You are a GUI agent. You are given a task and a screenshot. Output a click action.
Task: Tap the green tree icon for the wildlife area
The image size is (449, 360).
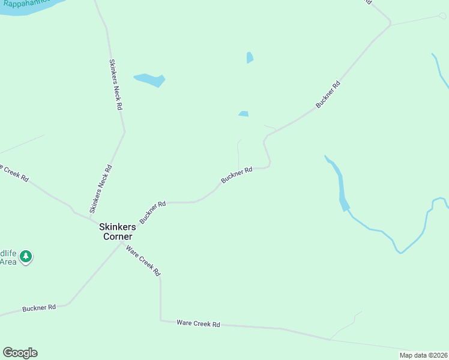tap(25, 256)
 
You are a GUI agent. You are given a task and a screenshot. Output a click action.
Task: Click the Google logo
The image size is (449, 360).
tap(20, 353)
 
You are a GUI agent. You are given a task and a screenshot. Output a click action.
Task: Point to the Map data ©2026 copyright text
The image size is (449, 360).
tap(423, 355)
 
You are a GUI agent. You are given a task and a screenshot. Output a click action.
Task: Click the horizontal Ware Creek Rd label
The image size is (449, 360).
tap(198, 323)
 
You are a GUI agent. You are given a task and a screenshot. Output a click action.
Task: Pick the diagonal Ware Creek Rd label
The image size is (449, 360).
tap(143, 260)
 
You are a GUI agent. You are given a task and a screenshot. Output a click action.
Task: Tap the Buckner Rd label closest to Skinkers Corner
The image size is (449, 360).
tap(152, 212)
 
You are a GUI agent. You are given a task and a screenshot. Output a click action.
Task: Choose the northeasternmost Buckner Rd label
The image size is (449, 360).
tap(328, 95)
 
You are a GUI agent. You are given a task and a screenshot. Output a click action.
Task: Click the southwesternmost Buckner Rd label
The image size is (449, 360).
tap(39, 308)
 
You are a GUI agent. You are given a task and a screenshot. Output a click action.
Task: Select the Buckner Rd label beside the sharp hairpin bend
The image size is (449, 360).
tap(236, 175)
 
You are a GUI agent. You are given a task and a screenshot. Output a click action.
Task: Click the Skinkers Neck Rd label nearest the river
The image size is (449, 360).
tap(116, 84)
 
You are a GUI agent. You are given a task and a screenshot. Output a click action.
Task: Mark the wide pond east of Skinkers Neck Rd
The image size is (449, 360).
tap(150, 79)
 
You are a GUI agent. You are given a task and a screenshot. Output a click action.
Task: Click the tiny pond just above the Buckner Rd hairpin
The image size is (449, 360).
tap(243, 114)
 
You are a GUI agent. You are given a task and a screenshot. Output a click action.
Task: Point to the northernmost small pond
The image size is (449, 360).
tap(249, 58)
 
